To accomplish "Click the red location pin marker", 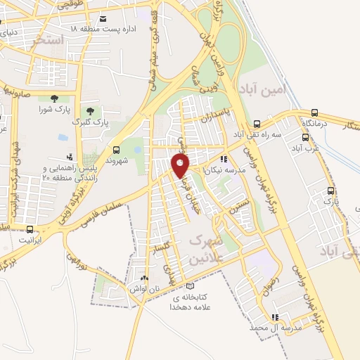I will click(x=181, y=165).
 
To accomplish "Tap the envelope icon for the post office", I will click(x=104, y=18).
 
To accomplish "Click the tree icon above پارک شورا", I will click(x=54, y=98).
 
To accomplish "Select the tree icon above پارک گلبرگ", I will click(x=89, y=110).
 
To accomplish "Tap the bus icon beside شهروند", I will click(x=116, y=149).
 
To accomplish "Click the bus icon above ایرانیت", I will click(x=30, y=229).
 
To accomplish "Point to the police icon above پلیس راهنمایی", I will click(x=69, y=156).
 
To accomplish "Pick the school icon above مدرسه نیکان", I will click(x=224, y=159).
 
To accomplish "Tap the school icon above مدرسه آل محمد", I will click(x=275, y=317).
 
